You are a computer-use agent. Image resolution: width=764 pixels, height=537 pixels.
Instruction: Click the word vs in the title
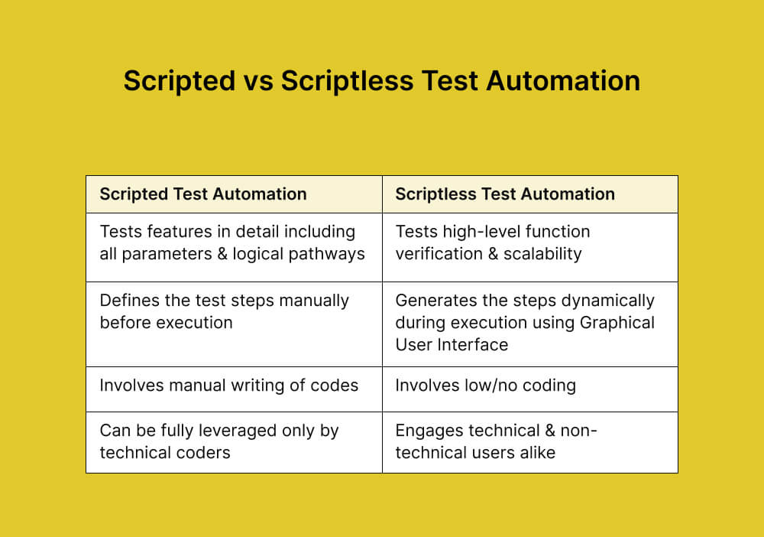click(x=256, y=81)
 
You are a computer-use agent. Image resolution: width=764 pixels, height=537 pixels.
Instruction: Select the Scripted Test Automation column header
click(x=203, y=194)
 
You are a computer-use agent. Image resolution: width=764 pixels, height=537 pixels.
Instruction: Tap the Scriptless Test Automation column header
click(x=505, y=194)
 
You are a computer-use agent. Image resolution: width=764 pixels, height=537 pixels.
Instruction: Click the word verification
click(x=434, y=254)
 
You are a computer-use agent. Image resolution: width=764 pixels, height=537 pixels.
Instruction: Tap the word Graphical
click(x=617, y=323)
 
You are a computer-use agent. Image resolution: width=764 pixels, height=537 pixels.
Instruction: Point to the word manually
click(x=315, y=301)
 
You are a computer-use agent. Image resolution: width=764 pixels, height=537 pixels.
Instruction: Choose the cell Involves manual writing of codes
click(x=229, y=386)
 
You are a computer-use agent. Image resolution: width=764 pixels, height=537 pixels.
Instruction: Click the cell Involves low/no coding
click(x=485, y=386)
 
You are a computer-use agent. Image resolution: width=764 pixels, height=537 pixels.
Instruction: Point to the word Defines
click(x=125, y=301)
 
